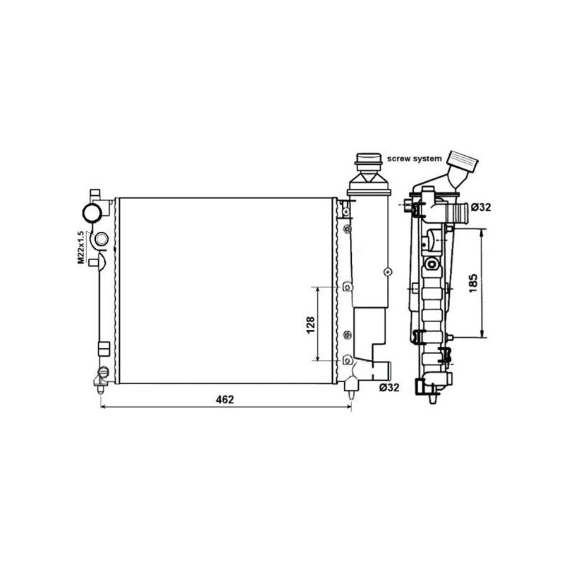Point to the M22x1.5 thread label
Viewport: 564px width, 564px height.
(x=81, y=247)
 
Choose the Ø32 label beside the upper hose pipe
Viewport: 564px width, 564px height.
(x=481, y=207)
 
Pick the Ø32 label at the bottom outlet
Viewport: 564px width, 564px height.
(x=388, y=387)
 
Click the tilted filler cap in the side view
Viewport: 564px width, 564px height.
(x=465, y=168)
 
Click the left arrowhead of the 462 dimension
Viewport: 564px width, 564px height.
(x=104, y=407)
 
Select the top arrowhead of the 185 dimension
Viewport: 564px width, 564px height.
(x=482, y=231)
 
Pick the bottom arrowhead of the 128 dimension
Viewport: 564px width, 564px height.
(x=319, y=358)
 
